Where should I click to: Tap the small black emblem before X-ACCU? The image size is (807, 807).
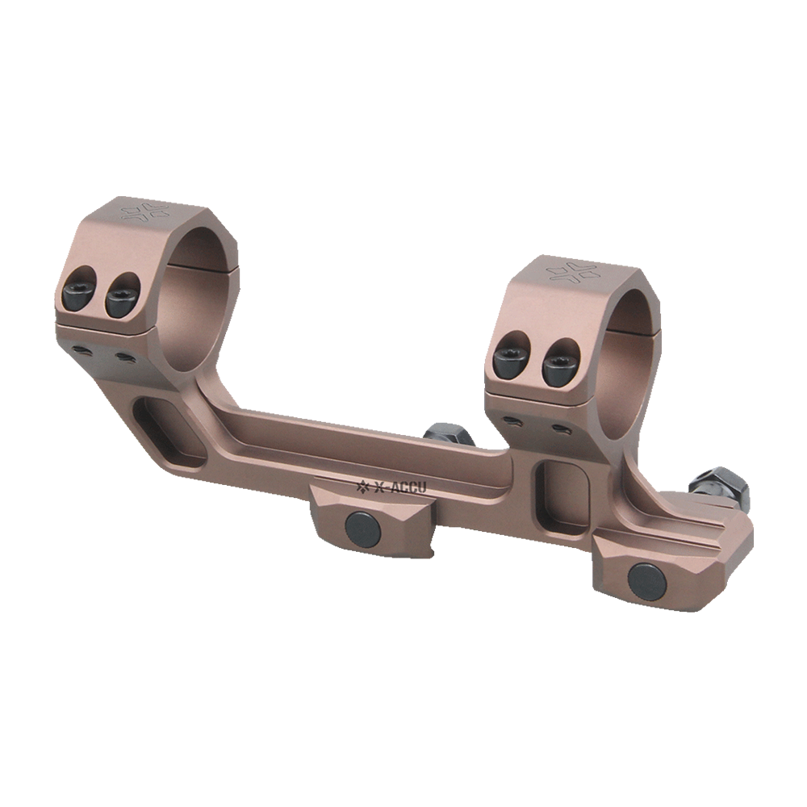(362, 486)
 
